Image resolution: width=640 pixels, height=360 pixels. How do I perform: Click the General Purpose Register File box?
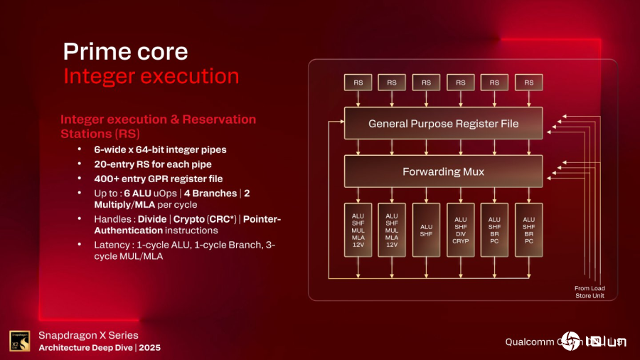pos(443,124)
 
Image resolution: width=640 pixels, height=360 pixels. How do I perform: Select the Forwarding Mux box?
pos(443,171)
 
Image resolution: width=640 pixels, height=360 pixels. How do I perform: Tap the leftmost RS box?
pos(358,83)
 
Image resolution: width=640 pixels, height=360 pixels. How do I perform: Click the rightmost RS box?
pos(528,83)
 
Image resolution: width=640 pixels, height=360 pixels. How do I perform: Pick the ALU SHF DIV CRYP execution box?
pos(460,230)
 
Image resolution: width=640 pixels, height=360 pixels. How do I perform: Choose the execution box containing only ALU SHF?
pos(426,230)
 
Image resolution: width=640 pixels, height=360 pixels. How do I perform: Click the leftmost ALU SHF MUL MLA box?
pos(358,230)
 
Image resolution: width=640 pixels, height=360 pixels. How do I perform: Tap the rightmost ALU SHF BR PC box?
pos(528,230)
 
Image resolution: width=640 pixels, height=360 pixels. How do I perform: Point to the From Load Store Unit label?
pos(590,292)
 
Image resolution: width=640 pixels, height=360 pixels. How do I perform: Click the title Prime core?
pos(125,51)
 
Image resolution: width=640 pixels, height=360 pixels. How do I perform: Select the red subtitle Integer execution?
pos(151,76)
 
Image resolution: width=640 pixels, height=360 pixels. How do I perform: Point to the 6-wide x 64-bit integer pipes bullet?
pos(160,149)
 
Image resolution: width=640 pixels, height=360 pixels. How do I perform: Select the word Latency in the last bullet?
pos(114,245)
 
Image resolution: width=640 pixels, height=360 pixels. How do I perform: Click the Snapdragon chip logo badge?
pos(20,342)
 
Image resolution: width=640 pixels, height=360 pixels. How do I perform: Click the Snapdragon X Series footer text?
pos(88,335)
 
